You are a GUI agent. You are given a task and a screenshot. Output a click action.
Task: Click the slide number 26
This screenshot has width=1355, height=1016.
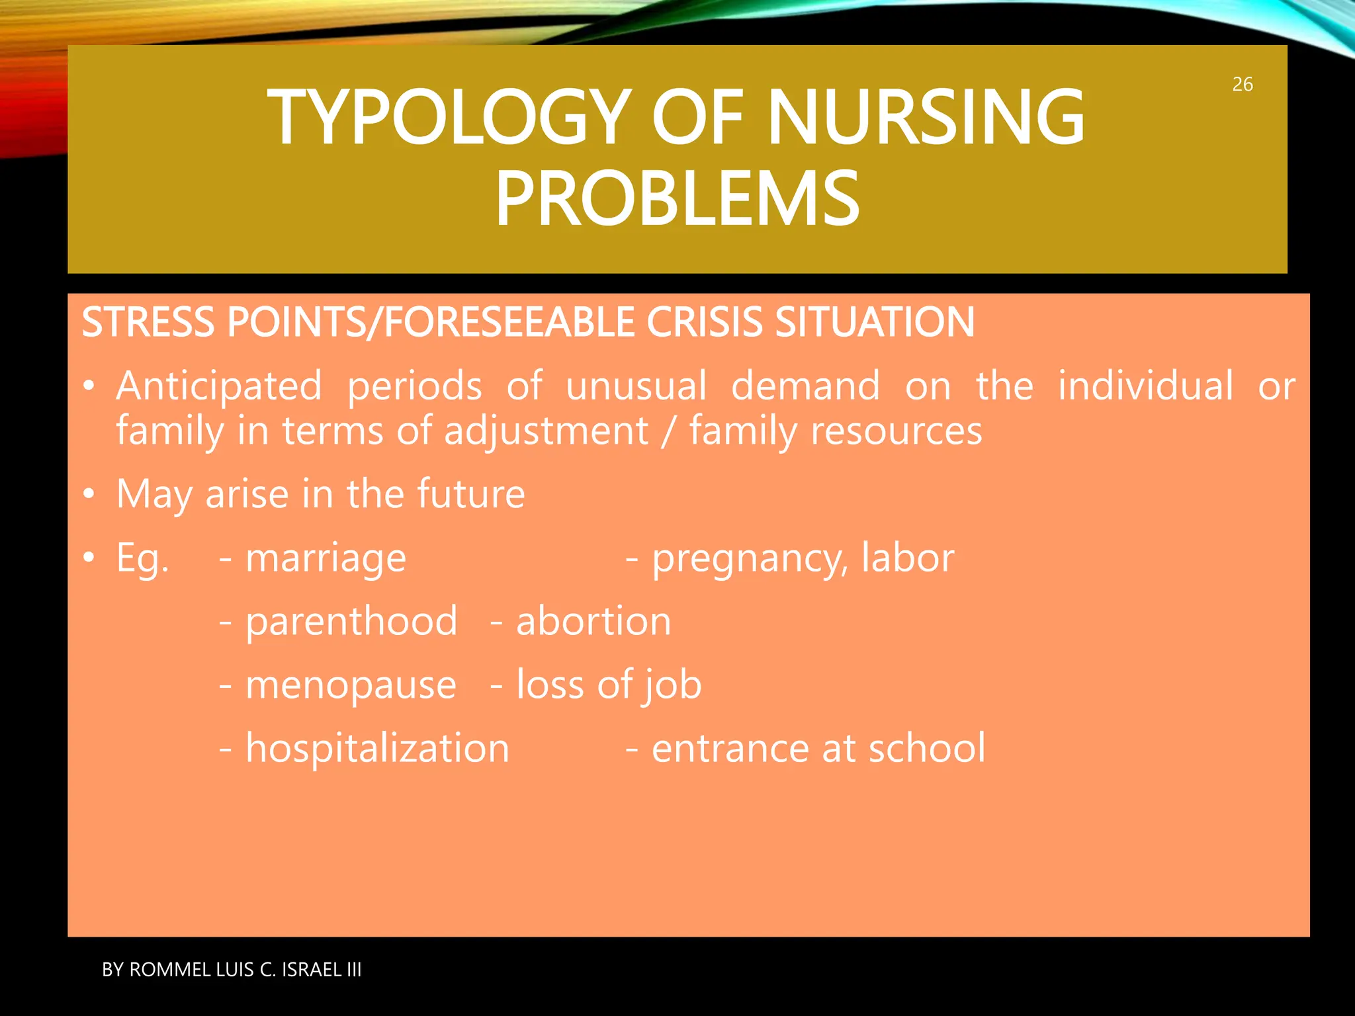click(x=1242, y=85)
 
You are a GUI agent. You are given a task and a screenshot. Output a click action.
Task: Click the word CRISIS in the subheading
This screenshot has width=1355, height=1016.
click(x=705, y=323)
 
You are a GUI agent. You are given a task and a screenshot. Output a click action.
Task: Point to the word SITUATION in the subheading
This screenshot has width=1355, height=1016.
click(x=874, y=323)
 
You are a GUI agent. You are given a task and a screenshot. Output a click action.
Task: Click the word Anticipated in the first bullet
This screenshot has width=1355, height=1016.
click(x=219, y=386)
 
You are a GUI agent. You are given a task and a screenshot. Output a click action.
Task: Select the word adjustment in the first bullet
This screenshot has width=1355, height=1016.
click(x=546, y=432)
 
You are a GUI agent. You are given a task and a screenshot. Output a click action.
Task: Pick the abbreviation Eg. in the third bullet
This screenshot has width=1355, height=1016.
click(x=142, y=559)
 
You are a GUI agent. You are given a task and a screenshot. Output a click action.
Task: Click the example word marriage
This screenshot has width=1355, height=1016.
click(x=326, y=559)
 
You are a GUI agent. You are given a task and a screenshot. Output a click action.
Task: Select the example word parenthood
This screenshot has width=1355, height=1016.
click(x=351, y=622)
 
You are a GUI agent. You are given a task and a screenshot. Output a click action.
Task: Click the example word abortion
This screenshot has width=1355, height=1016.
click(x=593, y=622)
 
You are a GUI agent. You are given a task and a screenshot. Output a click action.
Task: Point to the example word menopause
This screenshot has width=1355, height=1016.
click(x=351, y=685)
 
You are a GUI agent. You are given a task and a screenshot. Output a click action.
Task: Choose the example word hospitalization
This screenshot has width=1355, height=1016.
click(x=377, y=749)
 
